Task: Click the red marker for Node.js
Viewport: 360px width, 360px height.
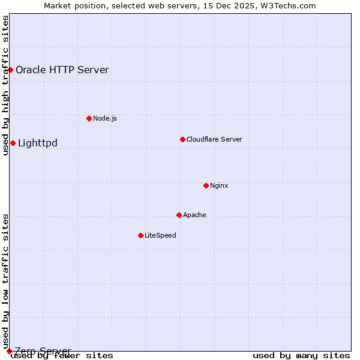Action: pos(89,118)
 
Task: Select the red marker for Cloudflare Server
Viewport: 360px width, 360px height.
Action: pos(182,139)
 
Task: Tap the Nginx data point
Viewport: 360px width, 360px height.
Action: pos(206,185)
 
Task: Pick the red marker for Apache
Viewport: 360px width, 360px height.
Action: pos(179,215)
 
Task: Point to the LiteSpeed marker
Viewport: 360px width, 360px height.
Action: pos(140,235)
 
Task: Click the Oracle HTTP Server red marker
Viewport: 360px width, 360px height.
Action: pos(10,70)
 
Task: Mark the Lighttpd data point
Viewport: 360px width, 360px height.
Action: pos(13,143)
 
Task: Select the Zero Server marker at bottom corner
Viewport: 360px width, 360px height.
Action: pos(9,351)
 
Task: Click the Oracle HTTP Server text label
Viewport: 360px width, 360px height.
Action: pos(62,70)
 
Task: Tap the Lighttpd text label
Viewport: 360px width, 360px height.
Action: pos(38,143)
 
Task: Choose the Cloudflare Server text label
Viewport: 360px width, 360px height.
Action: pos(214,139)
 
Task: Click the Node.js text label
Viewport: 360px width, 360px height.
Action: pos(105,118)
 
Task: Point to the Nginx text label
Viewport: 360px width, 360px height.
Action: pos(219,185)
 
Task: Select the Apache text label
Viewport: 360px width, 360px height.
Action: pos(194,215)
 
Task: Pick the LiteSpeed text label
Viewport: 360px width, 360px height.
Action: pos(160,235)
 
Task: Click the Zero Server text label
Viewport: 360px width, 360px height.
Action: pos(43,351)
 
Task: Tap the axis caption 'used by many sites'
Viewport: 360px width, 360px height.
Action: pos(301,356)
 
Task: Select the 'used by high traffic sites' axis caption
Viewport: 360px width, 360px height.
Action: pos(6,85)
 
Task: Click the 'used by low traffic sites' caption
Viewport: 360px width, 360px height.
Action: pos(6,281)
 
